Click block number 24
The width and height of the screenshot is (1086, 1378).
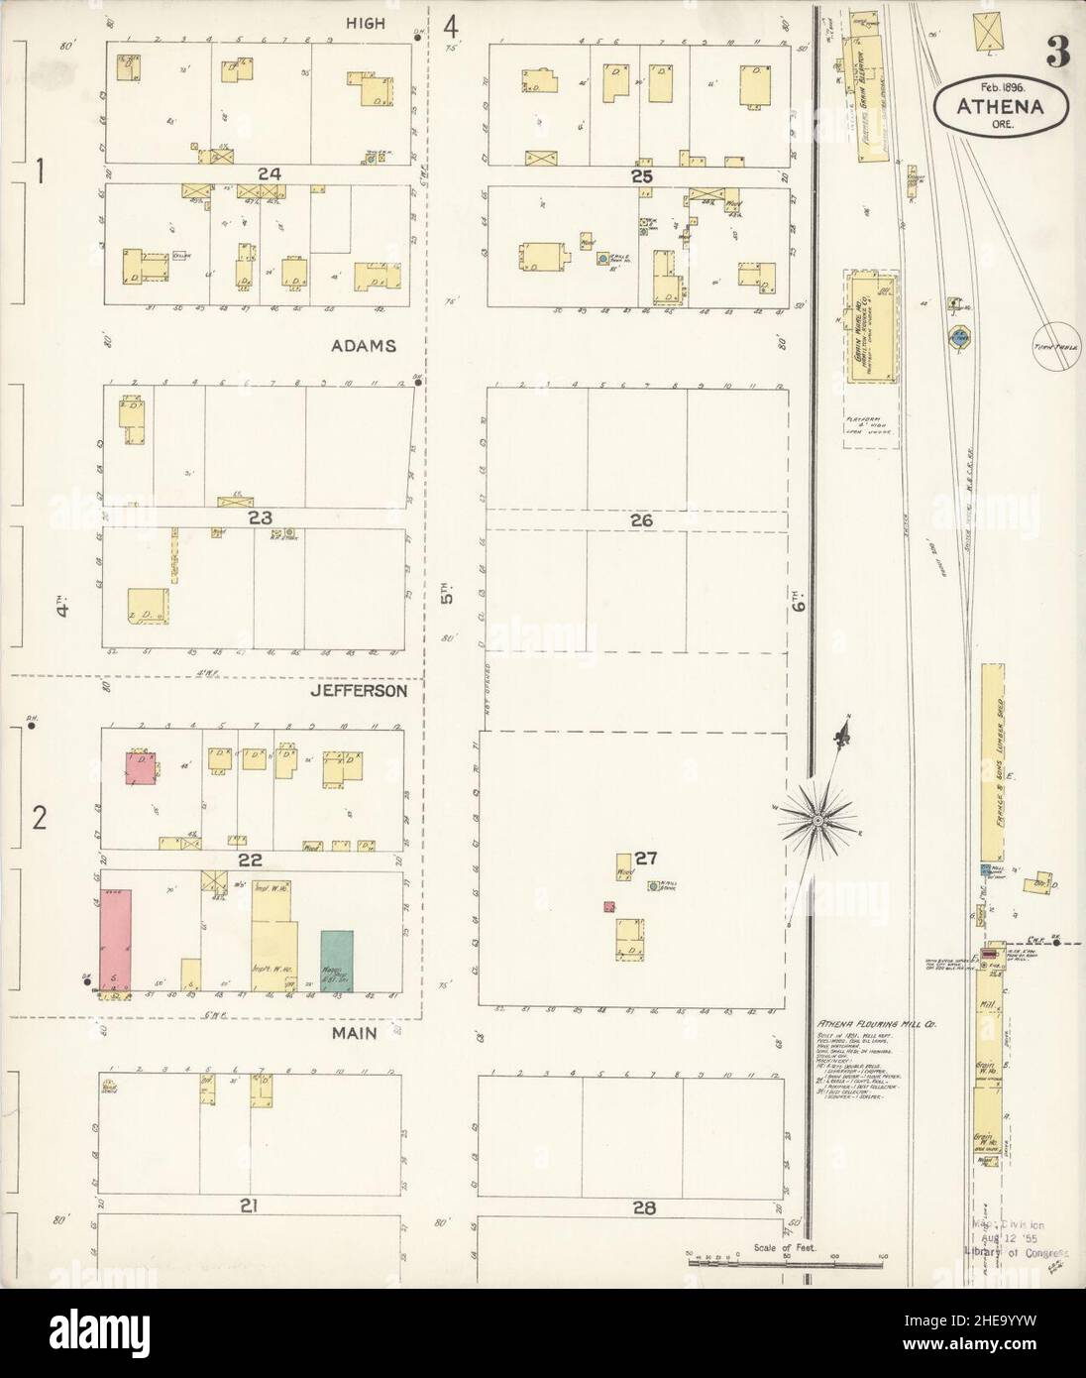tap(269, 173)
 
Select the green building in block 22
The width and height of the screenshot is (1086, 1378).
tap(338, 962)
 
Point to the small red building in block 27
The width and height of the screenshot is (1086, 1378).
tap(608, 906)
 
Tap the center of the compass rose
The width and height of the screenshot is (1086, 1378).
tap(817, 819)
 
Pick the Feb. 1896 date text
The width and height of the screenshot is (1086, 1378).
tap(1000, 87)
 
